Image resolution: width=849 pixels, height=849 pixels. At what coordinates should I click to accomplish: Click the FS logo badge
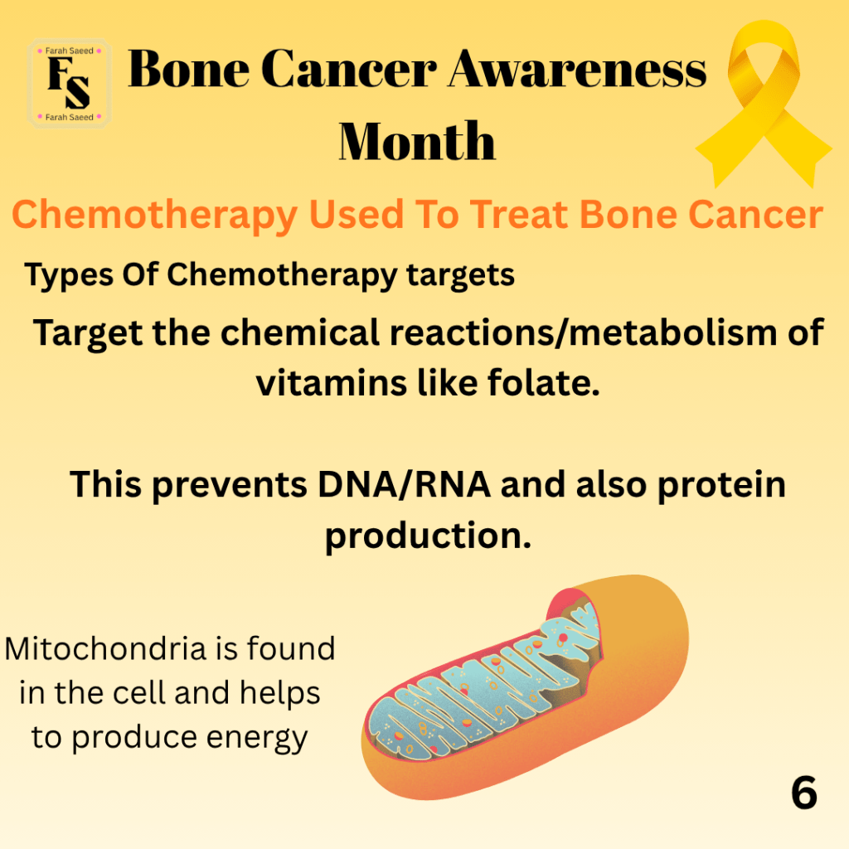[x=70, y=84]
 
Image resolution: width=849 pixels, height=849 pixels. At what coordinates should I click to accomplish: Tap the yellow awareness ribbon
[x=763, y=103]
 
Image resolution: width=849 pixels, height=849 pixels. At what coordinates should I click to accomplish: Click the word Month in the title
[x=417, y=141]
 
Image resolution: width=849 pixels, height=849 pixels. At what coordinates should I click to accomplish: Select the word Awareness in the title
[x=577, y=69]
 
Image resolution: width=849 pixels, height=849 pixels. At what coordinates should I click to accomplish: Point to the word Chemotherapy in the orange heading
[x=155, y=216]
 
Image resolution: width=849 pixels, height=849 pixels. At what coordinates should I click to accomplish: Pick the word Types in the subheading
[x=69, y=275]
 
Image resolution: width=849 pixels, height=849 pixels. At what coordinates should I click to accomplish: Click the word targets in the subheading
[x=460, y=275]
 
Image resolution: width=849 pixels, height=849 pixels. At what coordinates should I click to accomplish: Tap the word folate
[x=544, y=382]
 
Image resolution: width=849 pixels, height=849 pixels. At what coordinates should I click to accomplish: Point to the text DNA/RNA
[x=404, y=483]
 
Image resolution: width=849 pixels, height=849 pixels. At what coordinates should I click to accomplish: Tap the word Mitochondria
[x=105, y=648]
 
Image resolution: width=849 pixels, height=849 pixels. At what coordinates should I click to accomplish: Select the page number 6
[x=804, y=793]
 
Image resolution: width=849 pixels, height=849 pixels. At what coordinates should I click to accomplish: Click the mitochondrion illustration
[x=524, y=687]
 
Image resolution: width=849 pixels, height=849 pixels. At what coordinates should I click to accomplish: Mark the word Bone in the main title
[x=188, y=69]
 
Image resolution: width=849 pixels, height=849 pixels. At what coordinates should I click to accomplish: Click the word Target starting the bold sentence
[x=88, y=333]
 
